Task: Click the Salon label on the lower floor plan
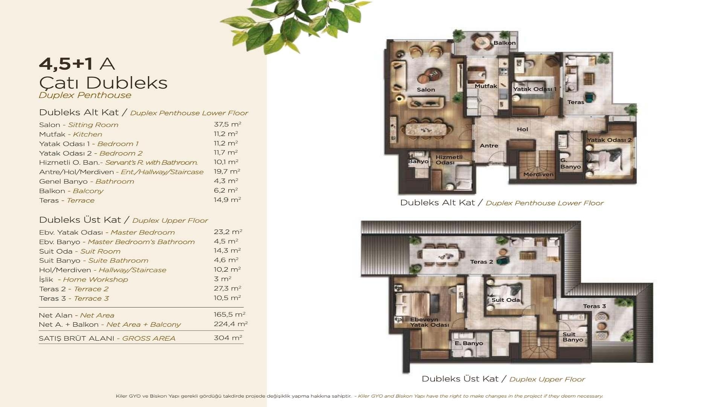coord(426,90)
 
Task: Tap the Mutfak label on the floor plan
coord(486,86)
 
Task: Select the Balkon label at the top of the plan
coord(504,43)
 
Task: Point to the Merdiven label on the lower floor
coord(538,174)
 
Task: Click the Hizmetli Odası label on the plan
coord(448,160)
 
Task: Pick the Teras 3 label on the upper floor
coord(594,306)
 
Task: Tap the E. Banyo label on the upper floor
coord(468,343)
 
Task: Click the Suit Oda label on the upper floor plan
coord(505,300)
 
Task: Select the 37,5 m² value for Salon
coord(227,124)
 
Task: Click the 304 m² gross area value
coord(227,338)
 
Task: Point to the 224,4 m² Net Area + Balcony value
coord(230,324)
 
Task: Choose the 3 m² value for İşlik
coord(222,279)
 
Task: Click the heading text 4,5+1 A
coord(77,64)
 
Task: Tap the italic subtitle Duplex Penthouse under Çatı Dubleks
coord(85,95)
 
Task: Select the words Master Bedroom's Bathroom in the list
coord(141,242)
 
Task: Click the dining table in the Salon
coord(429,130)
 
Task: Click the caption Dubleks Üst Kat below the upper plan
coord(460,379)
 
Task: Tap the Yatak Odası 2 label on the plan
coord(609,140)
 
